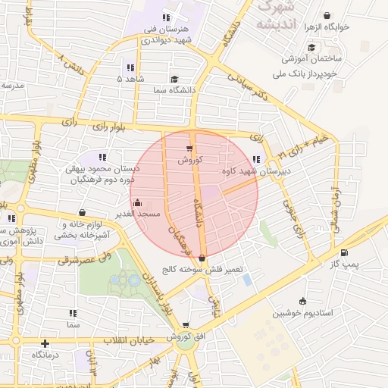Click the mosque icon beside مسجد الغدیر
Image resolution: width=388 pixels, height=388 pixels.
tap(137, 202)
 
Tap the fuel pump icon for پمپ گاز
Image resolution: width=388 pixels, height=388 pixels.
tap(345, 252)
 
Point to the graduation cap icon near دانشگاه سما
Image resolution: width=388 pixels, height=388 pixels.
tap(174, 79)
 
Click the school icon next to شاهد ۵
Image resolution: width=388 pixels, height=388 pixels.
tap(130, 66)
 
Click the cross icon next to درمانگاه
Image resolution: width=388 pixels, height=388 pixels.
tap(45, 343)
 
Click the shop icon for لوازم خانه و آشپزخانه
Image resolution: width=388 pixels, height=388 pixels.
tap(82, 213)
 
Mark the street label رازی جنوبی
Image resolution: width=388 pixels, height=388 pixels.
tap(293, 212)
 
